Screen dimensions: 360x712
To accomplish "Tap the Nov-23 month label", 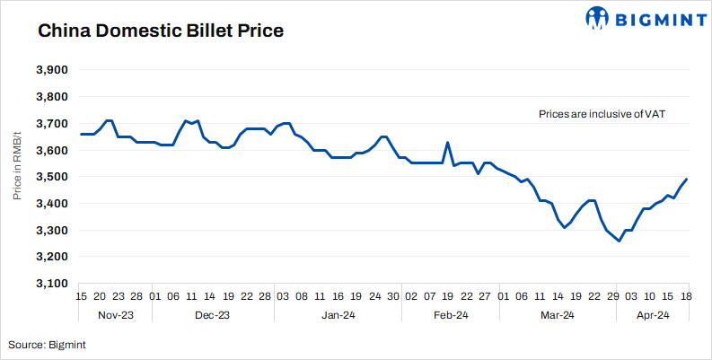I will point(115,315).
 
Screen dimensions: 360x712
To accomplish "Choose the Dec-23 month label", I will point(213,315).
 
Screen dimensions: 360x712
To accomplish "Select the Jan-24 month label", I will point(338,315).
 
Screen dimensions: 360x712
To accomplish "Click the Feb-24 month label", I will point(450,315).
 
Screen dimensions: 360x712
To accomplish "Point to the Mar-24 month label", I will point(558,315).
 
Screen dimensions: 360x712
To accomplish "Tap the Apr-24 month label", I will point(652,315).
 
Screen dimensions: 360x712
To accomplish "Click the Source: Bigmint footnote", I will point(48,344).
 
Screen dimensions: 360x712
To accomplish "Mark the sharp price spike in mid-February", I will point(447,143).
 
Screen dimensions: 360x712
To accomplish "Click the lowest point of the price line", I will point(619,241).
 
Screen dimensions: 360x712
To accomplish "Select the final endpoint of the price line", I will point(688,179).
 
